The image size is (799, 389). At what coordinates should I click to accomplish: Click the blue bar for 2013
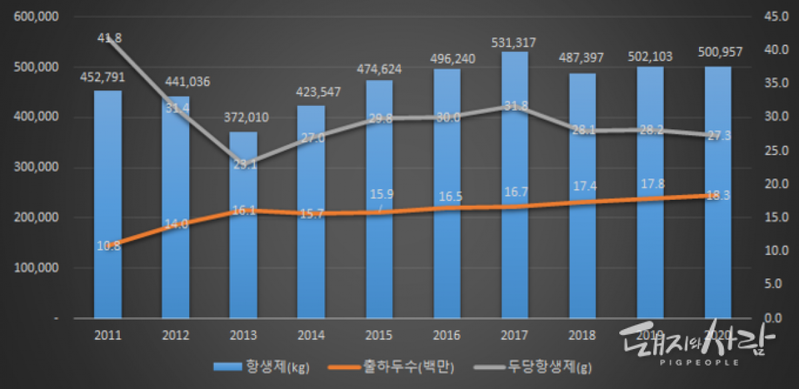click(x=243, y=226)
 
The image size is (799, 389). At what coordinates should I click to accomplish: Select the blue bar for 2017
click(x=515, y=187)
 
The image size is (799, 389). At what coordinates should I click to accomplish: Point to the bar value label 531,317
click(x=515, y=42)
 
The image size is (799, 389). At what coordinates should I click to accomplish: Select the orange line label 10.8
click(x=108, y=246)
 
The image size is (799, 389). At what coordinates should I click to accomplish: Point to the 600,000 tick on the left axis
click(x=35, y=17)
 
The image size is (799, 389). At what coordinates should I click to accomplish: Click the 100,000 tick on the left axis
click(x=35, y=268)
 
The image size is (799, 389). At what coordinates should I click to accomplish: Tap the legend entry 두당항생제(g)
click(x=530, y=366)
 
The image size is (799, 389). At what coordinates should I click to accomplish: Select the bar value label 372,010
click(x=244, y=118)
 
